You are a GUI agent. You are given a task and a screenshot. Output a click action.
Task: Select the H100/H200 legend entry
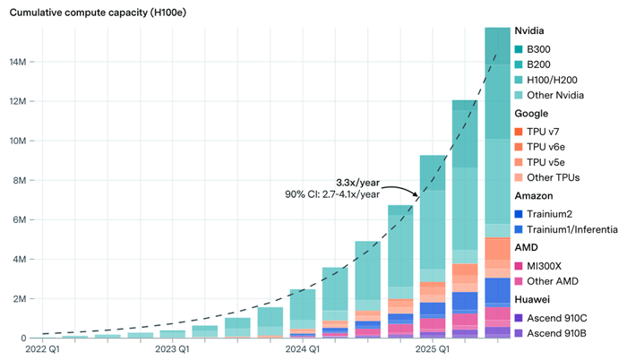pos(552,81)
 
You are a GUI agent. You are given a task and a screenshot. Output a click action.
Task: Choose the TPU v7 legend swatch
pos(520,131)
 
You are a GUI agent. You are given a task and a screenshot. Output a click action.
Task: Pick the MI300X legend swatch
pos(520,265)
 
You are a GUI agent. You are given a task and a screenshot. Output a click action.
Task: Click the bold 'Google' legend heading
pos(533,114)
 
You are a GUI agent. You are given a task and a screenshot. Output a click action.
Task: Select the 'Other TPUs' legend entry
pos(556,177)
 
